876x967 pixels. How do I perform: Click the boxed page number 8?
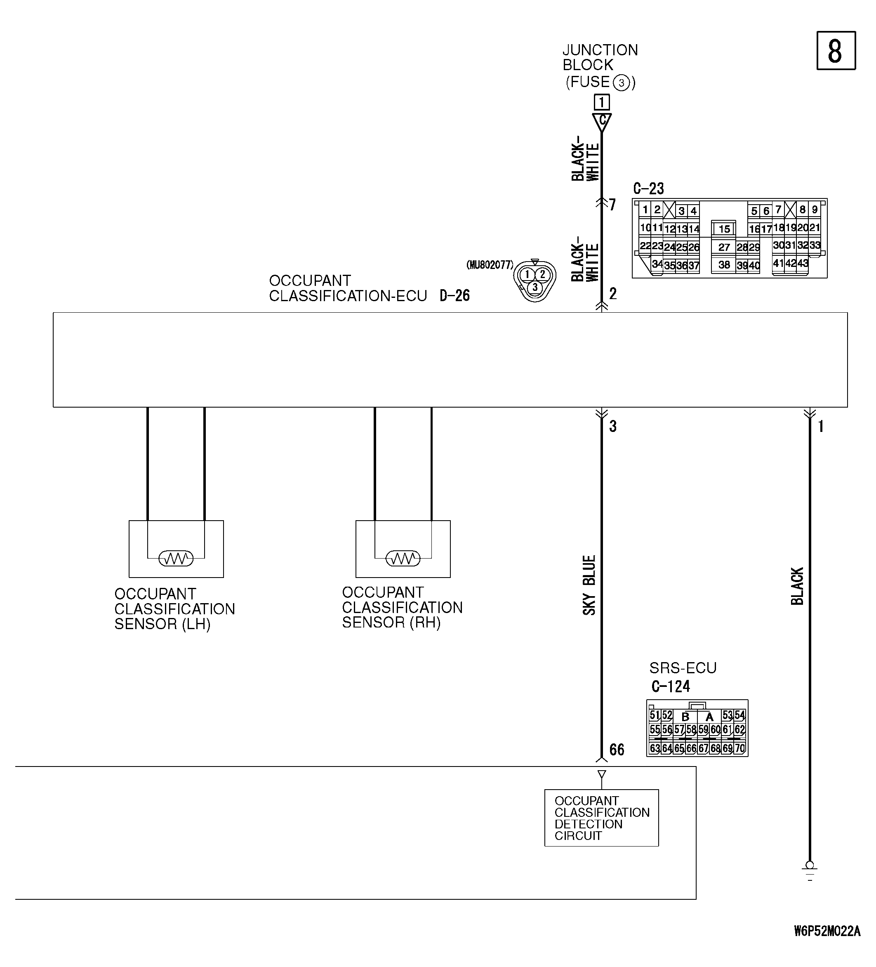point(835,51)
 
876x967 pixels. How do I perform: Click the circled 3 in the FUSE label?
point(621,83)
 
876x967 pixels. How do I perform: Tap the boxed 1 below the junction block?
point(601,102)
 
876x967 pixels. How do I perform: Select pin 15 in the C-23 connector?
point(724,229)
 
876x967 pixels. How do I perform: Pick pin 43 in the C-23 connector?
point(803,263)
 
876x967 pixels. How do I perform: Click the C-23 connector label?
point(648,189)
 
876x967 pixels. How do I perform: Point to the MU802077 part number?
point(490,265)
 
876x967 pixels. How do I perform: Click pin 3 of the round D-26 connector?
point(535,287)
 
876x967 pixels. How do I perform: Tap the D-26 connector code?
point(454,295)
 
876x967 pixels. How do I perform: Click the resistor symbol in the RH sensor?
point(403,558)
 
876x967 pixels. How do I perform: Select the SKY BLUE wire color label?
point(589,585)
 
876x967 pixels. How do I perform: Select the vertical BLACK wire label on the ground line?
point(797,586)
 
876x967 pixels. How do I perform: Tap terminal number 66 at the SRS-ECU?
point(617,749)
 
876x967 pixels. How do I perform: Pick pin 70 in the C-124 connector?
point(740,748)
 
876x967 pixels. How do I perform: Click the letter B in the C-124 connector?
point(685,717)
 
